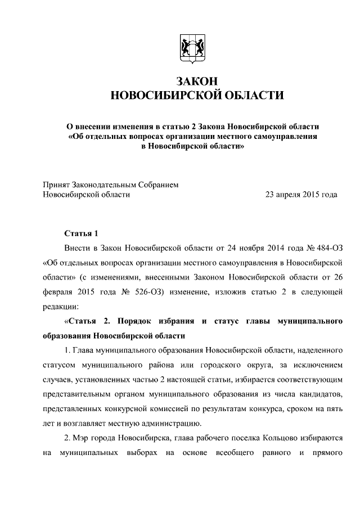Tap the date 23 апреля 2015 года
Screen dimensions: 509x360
301,195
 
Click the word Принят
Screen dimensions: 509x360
58,184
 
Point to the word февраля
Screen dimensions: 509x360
61,292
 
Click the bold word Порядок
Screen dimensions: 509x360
135,321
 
